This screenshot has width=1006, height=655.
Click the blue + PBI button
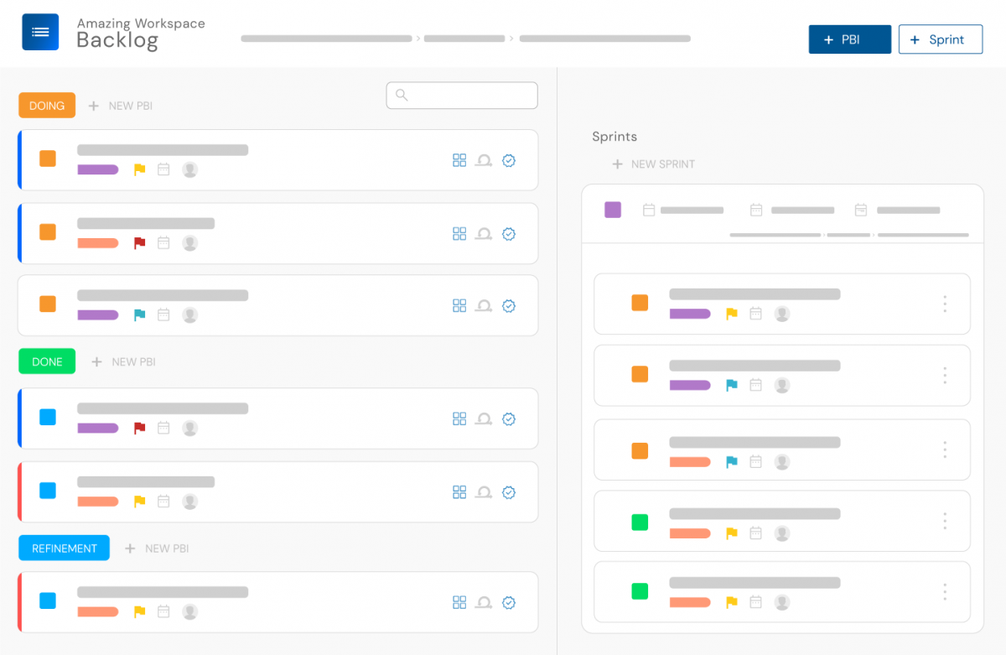coord(849,39)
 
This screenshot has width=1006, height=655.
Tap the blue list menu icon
coord(40,32)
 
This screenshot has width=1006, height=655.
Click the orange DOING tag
coord(47,106)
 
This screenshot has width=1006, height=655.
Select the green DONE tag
coord(47,361)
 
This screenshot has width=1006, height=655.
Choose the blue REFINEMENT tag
coord(65,548)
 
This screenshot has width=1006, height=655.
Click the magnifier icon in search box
coord(402,96)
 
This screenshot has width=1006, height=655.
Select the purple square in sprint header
coord(613,210)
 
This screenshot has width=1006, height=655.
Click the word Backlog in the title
coord(117,40)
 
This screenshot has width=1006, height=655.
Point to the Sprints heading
coord(614,137)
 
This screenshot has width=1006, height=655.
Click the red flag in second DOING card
coord(140,243)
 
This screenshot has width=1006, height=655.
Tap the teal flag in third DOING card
coord(140,315)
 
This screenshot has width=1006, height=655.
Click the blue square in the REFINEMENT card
coord(48,600)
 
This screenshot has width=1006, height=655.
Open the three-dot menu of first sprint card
coord(945,304)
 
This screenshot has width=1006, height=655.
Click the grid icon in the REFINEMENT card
coord(459,602)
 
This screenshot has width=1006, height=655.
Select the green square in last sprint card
coord(640,591)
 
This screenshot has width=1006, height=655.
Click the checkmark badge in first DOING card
coord(509,160)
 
